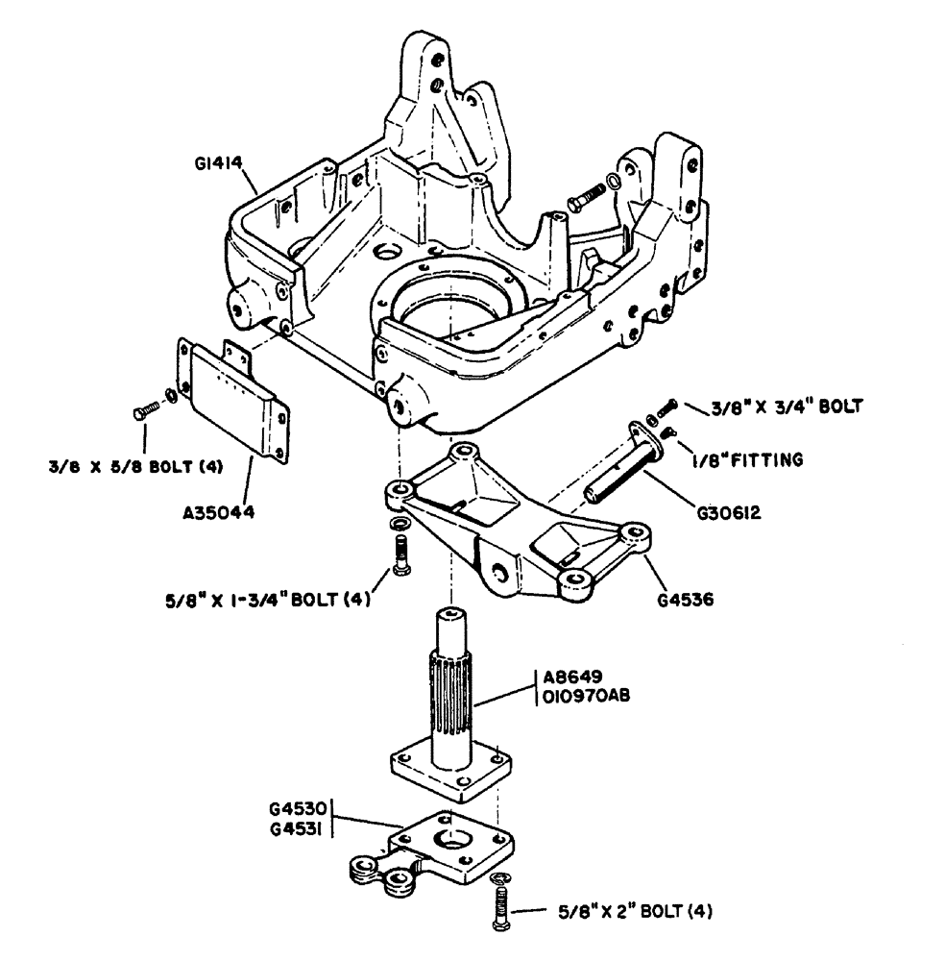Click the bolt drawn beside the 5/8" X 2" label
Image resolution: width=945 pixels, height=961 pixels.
tap(501, 905)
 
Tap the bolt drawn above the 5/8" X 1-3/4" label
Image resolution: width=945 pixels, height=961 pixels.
tap(401, 554)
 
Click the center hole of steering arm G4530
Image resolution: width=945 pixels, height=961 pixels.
tap(451, 841)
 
